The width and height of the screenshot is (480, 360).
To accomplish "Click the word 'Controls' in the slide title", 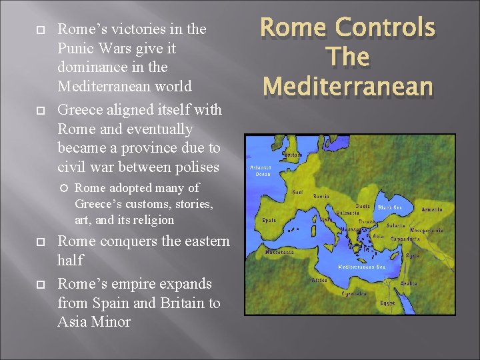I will click(x=386, y=27).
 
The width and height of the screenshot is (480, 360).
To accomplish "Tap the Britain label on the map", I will click(x=293, y=154).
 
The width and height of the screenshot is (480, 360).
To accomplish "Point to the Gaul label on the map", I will click(x=297, y=191).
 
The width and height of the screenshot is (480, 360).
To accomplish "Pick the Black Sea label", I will click(x=391, y=208).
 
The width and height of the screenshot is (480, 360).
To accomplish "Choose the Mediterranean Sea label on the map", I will click(x=361, y=266).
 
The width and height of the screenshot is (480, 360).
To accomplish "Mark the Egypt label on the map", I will click(x=387, y=302).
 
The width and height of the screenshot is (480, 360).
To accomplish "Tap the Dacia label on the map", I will click(x=363, y=206).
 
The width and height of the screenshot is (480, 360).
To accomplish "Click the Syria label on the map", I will click(x=432, y=255).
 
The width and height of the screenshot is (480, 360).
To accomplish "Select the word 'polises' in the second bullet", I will click(x=197, y=166).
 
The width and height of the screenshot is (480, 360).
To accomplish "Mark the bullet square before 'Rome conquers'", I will click(x=39, y=241).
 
